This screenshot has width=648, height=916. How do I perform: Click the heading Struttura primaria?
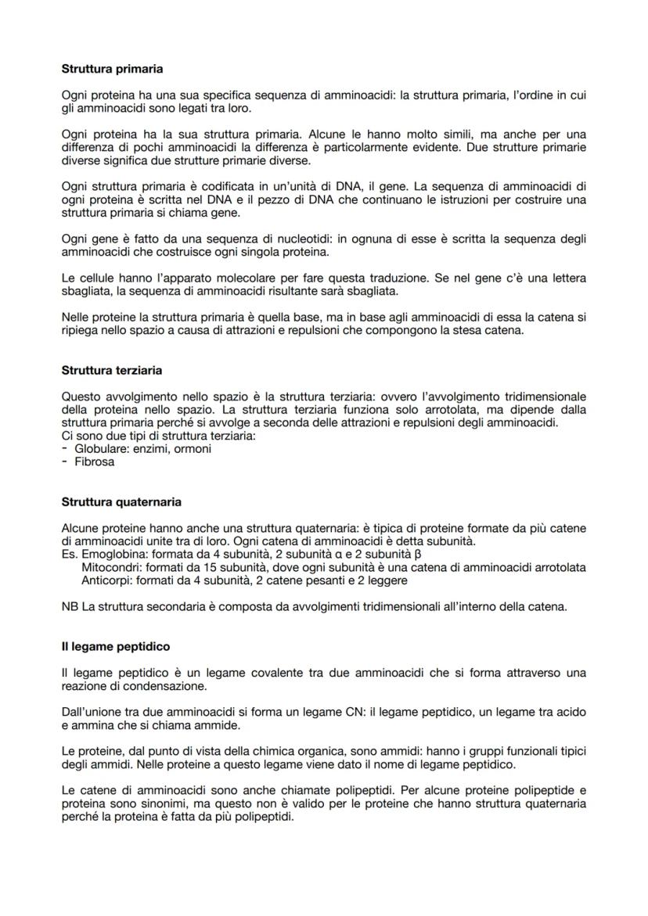(x=112, y=69)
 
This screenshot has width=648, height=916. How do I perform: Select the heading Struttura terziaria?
(x=112, y=370)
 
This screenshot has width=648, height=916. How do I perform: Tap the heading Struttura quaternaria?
(x=121, y=501)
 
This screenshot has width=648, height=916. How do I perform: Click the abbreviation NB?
(x=69, y=606)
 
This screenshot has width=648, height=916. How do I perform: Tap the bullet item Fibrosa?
(x=94, y=462)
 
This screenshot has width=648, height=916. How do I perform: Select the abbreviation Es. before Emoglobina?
(x=69, y=555)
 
